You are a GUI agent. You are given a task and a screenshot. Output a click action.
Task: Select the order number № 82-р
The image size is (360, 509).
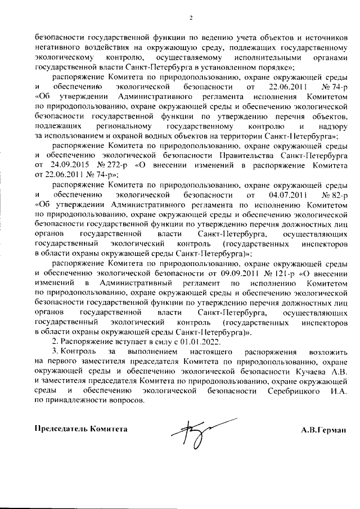tap(335, 195)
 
